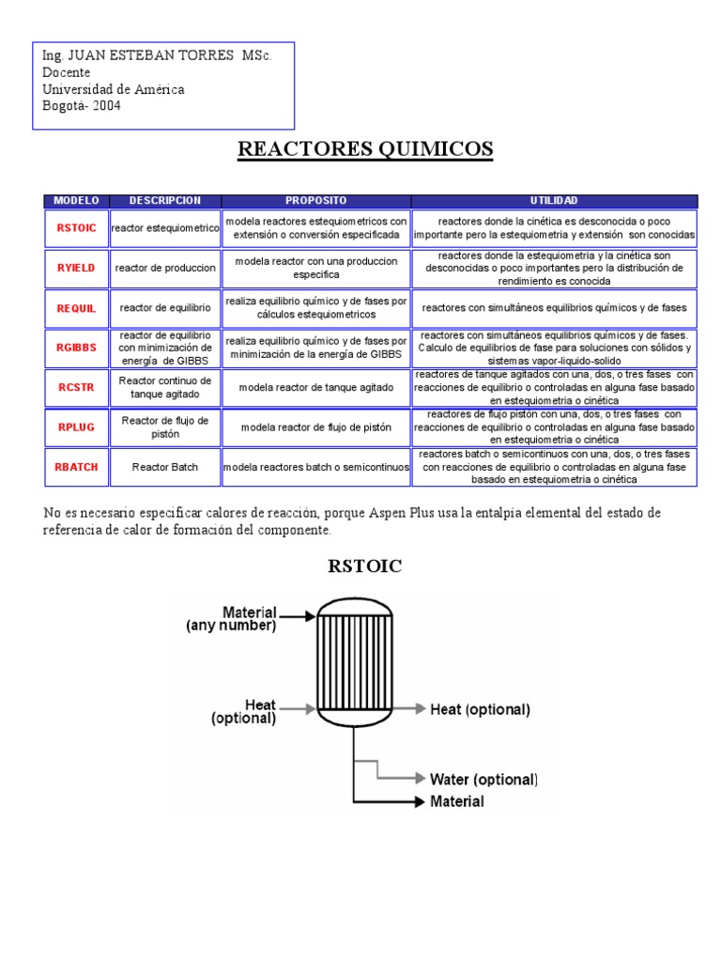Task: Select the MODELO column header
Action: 76,201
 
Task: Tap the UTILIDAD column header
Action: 554,201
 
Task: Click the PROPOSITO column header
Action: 315,201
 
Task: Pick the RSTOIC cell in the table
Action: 76,228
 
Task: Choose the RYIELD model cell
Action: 76,268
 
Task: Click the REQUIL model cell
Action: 76,307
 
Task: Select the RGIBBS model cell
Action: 76,348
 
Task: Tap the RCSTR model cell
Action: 76,387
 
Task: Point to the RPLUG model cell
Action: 76,427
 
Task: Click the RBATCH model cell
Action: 76,467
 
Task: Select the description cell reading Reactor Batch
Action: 165,467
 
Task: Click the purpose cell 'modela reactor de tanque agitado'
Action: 315,387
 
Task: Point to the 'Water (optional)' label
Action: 483,780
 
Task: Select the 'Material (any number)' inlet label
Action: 230,618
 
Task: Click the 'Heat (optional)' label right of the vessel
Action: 480,709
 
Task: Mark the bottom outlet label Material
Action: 457,801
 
